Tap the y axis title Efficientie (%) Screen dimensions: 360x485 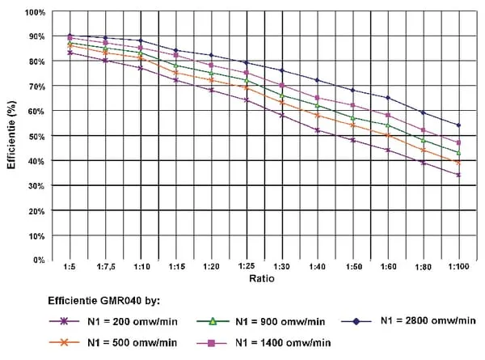point(12,137)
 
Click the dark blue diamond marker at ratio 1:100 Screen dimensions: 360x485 point(458,125)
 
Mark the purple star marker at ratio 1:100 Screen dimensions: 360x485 point(458,175)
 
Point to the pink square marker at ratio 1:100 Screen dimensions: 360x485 point(458,142)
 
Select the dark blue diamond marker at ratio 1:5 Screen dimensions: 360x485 point(70,36)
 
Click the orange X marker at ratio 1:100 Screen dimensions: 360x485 point(458,163)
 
